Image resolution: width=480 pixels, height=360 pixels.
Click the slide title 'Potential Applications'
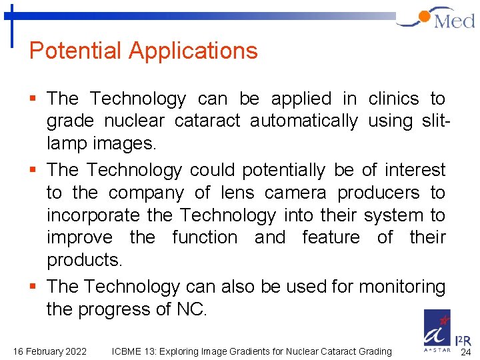(143, 51)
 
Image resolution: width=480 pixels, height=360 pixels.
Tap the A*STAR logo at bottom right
(437, 330)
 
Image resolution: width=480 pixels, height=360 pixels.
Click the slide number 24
(465, 351)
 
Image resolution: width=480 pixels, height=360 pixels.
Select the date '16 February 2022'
(49, 351)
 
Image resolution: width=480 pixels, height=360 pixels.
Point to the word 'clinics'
(393, 99)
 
